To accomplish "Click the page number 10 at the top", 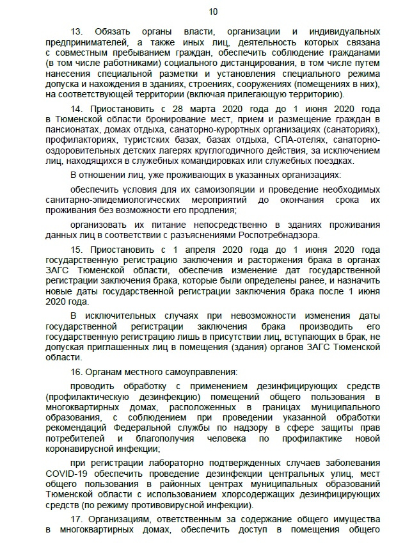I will (x=214, y=11).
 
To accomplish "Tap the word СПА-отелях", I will (x=295, y=140).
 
